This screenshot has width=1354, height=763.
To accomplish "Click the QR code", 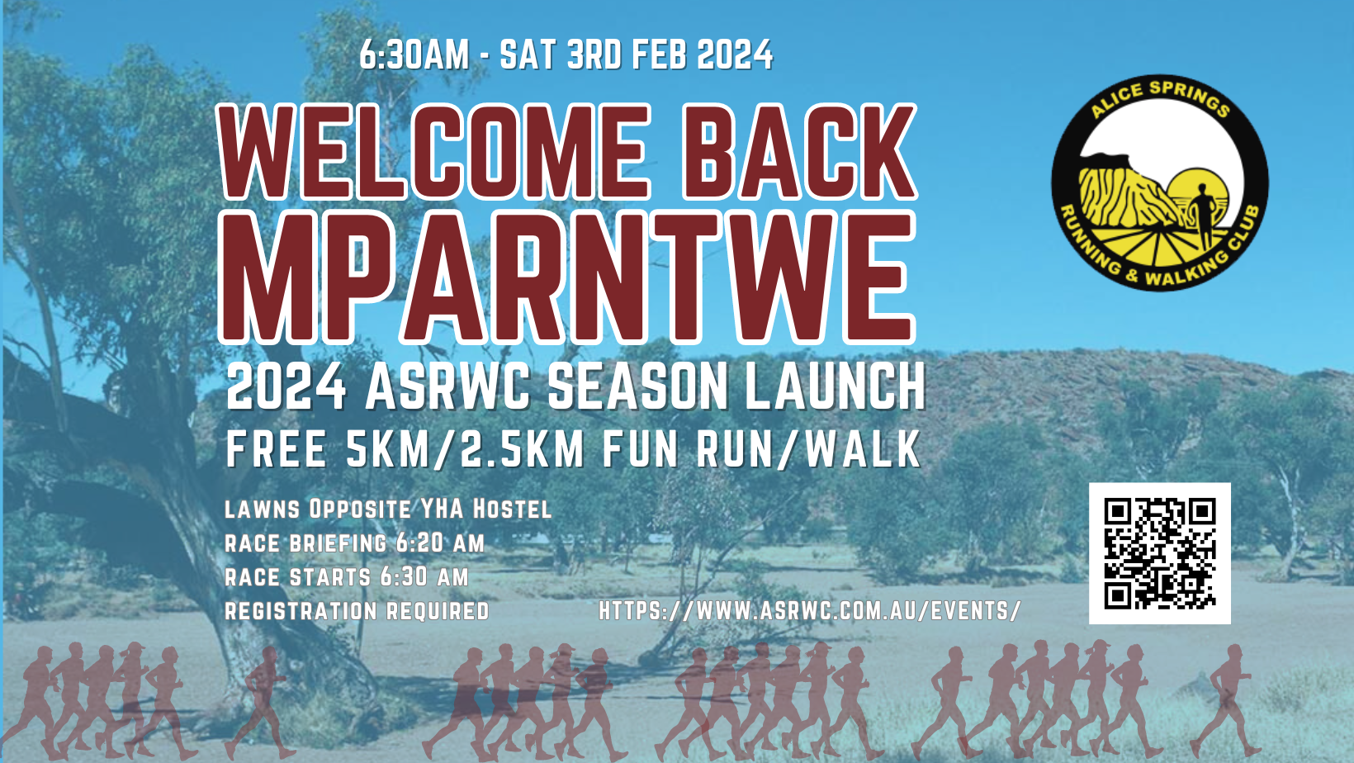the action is click(x=1159, y=553).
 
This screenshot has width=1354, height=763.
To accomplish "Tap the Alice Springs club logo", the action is click(x=1160, y=183).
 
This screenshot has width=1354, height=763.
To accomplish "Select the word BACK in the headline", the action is click(x=799, y=153).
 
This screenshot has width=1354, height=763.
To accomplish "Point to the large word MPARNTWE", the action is click(x=567, y=277).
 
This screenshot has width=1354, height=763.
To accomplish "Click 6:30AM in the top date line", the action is click(x=414, y=55).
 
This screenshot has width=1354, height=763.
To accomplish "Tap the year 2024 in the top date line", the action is click(x=735, y=55).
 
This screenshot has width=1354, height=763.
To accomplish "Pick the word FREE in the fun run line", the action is click(x=277, y=449).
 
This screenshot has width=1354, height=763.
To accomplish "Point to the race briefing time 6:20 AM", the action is click(x=440, y=543).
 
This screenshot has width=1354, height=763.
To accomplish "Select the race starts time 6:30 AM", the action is click(x=424, y=576).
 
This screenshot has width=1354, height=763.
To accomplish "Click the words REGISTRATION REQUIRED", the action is click(x=357, y=611).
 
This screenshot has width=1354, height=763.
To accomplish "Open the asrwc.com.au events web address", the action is click(x=809, y=611).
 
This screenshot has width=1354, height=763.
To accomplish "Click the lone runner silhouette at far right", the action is click(x=1227, y=701).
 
